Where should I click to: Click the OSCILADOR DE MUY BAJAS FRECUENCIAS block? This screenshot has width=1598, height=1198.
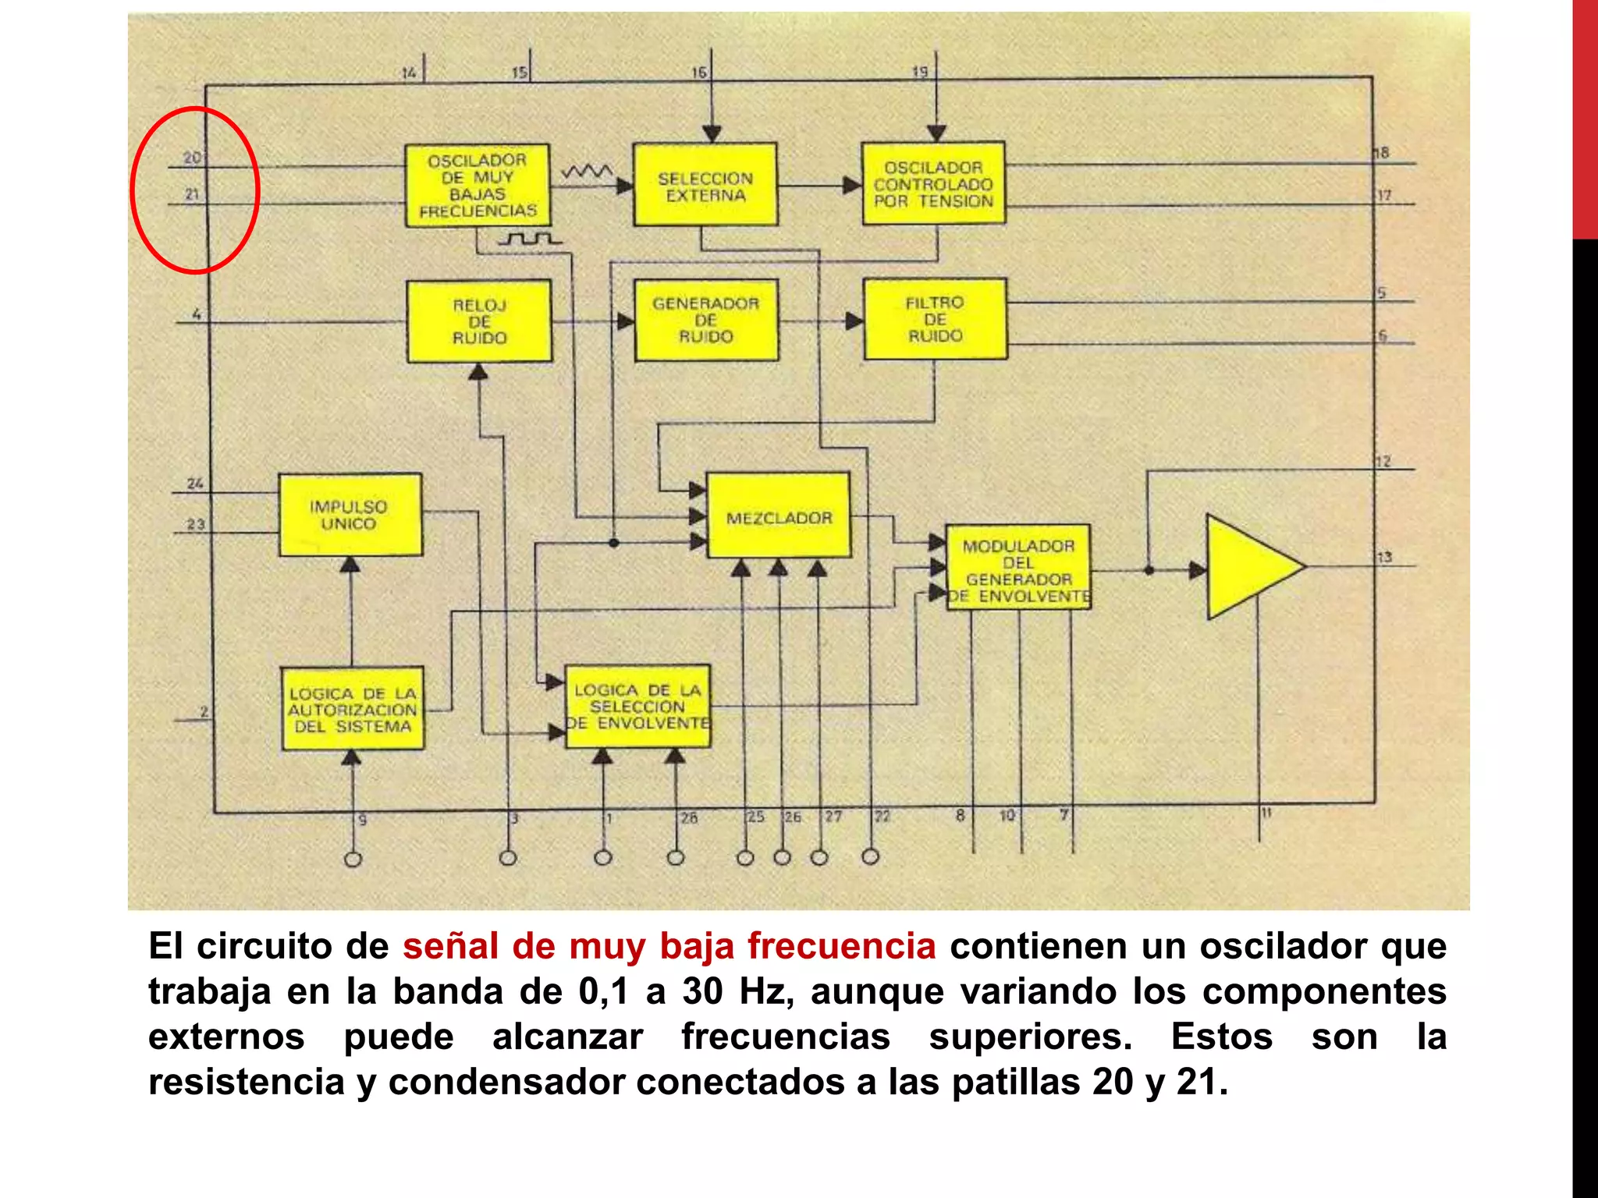point(477,186)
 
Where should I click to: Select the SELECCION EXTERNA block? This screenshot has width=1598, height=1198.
point(705,185)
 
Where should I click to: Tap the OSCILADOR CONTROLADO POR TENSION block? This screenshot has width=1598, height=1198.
point(933,183)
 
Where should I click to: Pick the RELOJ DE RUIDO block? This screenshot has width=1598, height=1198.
point(479,321)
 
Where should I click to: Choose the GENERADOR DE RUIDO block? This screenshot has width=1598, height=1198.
point(706,320)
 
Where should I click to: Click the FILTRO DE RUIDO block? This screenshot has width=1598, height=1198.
point(935,319)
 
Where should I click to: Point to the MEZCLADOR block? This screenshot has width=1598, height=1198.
point(779,516)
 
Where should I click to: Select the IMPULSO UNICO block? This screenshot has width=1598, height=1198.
point(350,515)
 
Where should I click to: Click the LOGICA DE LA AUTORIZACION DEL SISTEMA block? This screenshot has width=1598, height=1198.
point(353,709)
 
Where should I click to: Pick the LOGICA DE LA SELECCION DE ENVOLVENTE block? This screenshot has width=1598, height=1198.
point(637,707)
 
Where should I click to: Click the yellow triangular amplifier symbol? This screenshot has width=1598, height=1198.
point(1245,567)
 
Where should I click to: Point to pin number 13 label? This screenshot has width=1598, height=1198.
point(1384,557)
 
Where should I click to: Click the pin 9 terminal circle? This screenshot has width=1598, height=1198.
point(353,860)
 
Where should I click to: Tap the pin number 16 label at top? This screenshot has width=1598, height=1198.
point(699,73)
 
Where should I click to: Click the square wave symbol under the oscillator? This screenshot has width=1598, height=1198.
point(530,238)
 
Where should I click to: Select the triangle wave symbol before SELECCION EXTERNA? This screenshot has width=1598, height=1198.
point(587,170)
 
